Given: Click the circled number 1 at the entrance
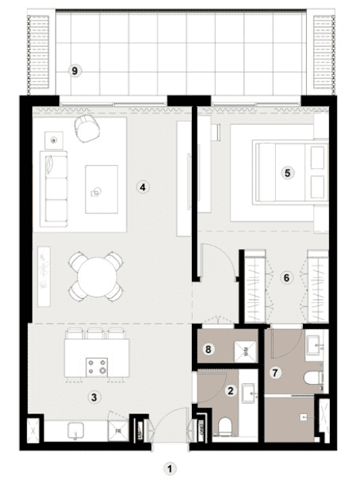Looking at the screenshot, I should point(171,467).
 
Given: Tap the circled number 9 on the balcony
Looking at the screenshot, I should point(75,70).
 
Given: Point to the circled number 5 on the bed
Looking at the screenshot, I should point(287,173).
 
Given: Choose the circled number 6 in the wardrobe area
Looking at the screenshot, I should point(285,277).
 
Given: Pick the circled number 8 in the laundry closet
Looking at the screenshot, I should point(207,349).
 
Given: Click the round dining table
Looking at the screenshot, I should point(95,274).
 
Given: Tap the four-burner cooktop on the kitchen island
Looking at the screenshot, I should point(97,366).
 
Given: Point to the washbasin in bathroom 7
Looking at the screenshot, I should point(316,342).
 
